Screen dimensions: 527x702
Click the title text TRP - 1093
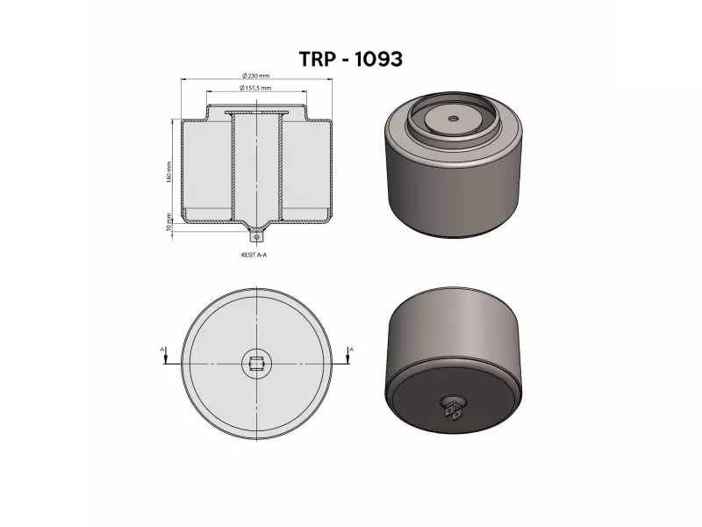(351, 59)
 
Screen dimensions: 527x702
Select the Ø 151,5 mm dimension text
(255, 89)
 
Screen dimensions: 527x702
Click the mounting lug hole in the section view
(256, 235)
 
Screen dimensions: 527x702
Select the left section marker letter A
(163, 350)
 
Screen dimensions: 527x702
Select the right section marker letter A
(351, 350)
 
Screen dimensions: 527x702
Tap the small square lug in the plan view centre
(256, 364)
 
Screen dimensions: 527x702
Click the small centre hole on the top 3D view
(453, 118)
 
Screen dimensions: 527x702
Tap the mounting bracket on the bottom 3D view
(453, 408)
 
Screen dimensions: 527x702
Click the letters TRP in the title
(316, 59)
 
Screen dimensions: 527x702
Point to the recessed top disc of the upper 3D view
(453, 123)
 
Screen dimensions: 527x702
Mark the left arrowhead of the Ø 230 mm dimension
(184, 80)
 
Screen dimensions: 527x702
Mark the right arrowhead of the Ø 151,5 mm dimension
(304, 92)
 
